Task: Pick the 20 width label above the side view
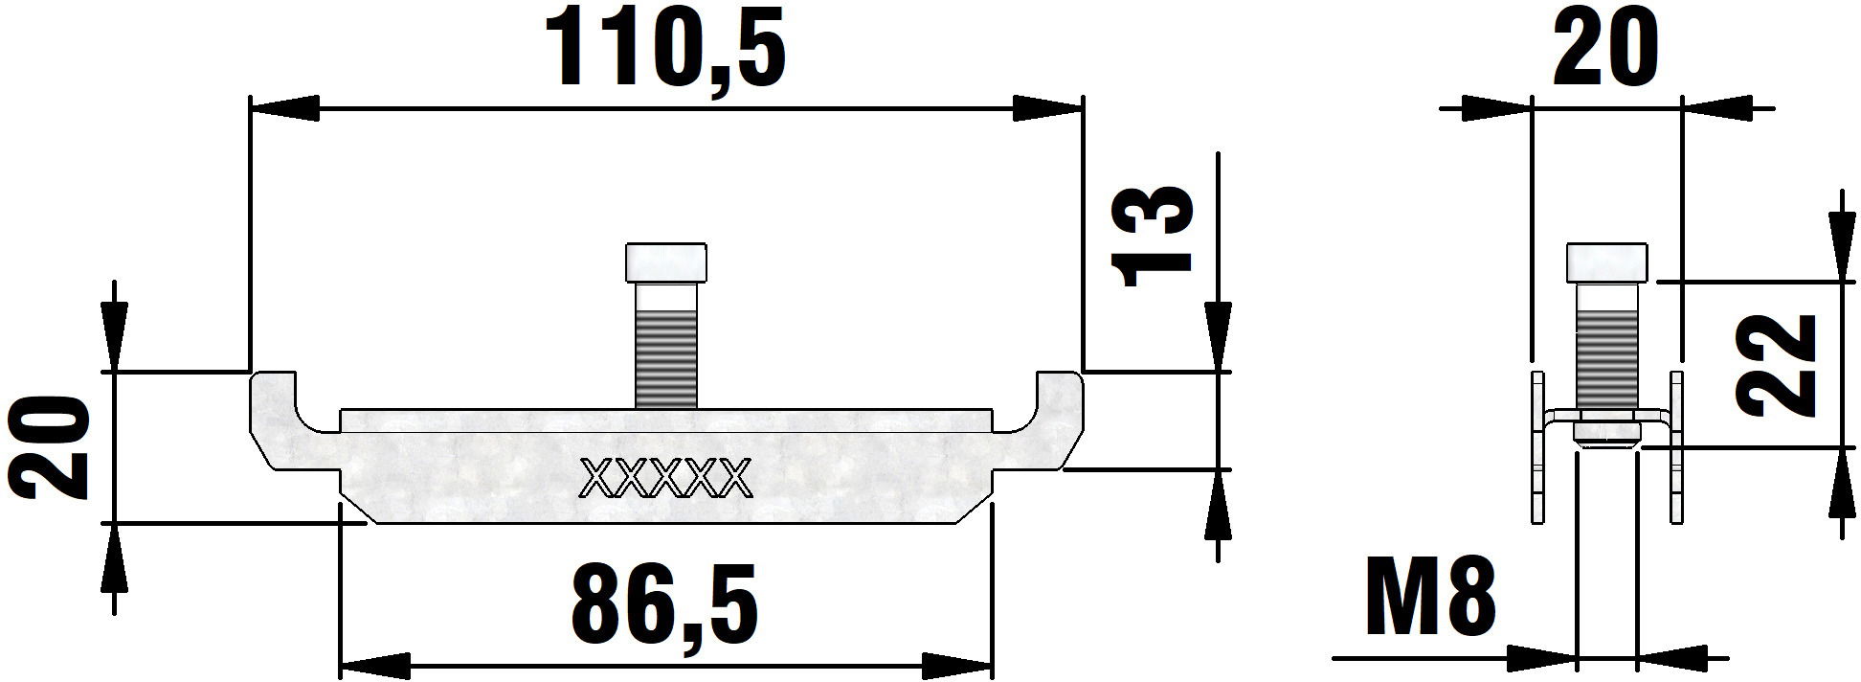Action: (x=1605, y=47)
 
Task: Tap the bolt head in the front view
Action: (x=666, y=261)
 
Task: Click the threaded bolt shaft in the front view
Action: (x=666, y=345)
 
